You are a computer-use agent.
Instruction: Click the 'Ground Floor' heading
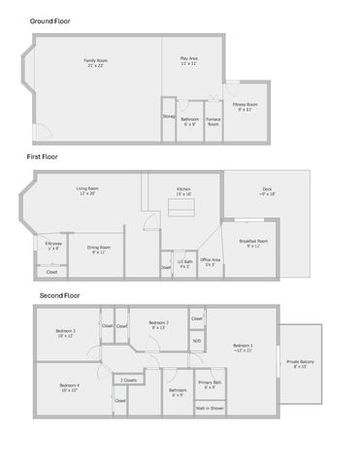coord(49,20)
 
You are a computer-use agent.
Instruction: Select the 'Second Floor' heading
coord(59,294)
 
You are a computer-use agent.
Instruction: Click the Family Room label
coord(95,62)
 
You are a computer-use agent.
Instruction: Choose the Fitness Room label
coord(245,106)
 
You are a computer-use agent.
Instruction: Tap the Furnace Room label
coord(213,122)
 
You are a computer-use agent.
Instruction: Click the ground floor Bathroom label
coord(189,121)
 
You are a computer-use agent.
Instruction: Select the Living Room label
coord(88,190)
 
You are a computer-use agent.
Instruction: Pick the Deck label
coord(267,191)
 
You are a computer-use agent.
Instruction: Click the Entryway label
coord(52,246)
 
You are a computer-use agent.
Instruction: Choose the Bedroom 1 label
coord(243,347)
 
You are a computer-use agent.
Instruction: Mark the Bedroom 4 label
coord(69,387)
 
